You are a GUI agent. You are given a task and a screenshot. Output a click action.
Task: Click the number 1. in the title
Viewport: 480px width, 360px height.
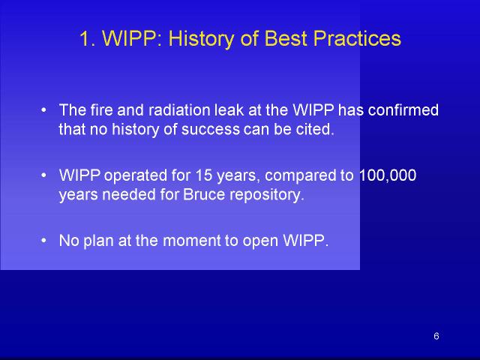click(x=88, y=38)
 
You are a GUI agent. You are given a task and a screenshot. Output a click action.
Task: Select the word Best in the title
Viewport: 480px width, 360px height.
click(x=285, y=38)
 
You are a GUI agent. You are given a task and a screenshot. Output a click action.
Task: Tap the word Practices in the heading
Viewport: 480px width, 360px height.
click(x=357, y=38)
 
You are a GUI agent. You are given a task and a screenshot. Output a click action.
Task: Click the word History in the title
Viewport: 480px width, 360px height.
click(x=201, y=40)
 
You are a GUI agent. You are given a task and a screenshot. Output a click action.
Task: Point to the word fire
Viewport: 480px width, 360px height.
click(x=102, y=110)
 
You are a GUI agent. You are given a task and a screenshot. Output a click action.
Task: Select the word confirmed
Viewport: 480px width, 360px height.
click(x=403, y=110)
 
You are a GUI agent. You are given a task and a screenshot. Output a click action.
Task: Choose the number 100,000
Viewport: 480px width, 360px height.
click(x=387, y=175)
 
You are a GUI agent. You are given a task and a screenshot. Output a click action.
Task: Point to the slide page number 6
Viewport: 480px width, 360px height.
click(x=436, y=336)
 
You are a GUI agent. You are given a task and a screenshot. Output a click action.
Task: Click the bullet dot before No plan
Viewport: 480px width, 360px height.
click(x=43, y=241)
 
